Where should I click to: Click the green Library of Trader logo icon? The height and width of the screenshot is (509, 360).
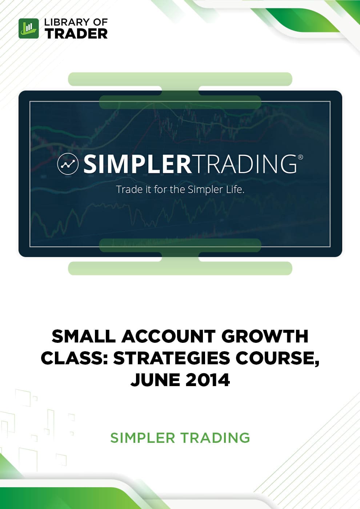coord(29,28)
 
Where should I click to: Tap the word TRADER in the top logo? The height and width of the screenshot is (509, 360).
coord(76,33)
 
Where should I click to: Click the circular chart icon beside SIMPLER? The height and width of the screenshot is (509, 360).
coord(68,164)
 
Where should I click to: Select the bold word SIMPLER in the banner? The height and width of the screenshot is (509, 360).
coord(138,164)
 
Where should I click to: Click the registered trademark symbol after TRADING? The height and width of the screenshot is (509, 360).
coord(300,157)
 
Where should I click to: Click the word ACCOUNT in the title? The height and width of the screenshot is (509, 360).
coord(168,337)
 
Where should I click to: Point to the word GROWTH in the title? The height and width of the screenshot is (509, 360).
coord(265,337)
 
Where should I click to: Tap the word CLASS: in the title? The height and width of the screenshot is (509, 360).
coord(74,358)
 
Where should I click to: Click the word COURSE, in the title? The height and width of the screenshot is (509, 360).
coord(277,359)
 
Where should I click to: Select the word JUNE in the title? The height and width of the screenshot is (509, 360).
coord(155,380)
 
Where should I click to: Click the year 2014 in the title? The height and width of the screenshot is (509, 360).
coord(208,380)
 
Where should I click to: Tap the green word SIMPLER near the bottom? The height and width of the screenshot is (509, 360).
coord(143,438)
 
